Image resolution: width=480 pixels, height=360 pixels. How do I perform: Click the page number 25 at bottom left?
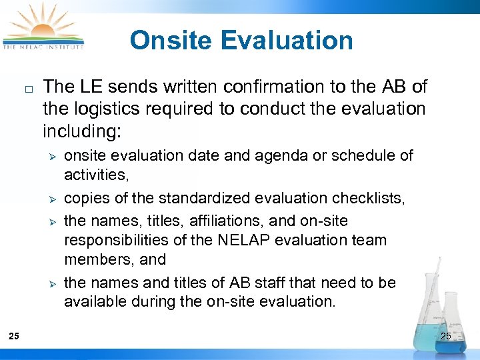tap(15, 336)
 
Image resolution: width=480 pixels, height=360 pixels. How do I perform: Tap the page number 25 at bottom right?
tap(445, 336)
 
